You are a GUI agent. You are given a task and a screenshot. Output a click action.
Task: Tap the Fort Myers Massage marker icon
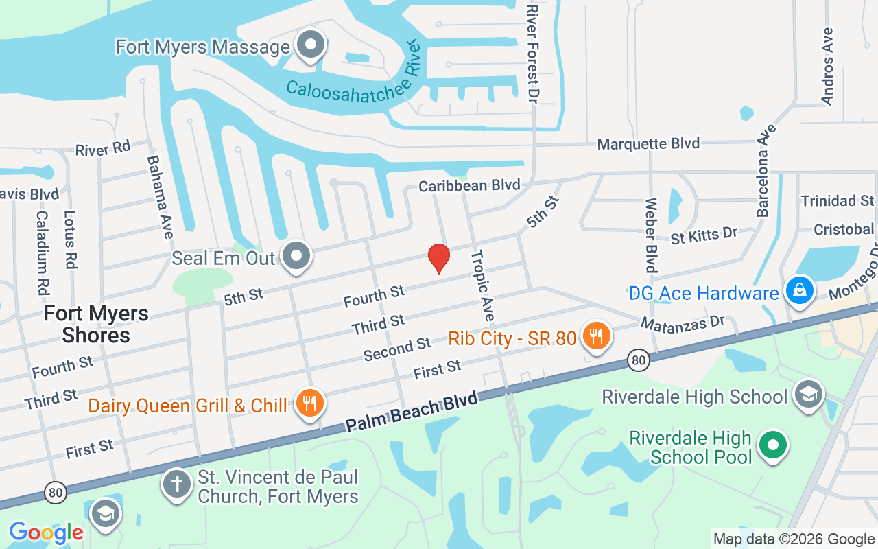pyautogui.click(x=311, y=45)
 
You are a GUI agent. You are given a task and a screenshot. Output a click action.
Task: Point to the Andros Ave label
pyautogui.click(x=827, y=66)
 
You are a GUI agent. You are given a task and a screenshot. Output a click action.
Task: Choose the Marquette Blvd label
pyautogui.click(x=648, y=143)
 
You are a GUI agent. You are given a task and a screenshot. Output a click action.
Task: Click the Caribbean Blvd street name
pyautogui.click(x=469, y=185)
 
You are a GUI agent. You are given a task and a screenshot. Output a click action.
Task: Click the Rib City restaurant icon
pyautogui.click(x=595, y=336)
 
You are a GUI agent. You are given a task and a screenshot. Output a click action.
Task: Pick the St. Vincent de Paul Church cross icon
pyautogui.click(x=176, y=484)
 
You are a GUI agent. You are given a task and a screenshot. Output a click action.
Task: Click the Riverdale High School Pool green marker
pyautogui.click(x=773, y=445)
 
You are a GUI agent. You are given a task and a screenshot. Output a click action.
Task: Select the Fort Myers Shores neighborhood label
pyautogui.click(x=96, y=324)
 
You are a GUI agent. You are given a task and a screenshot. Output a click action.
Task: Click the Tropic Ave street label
pyautogui.click(x=482, y=285)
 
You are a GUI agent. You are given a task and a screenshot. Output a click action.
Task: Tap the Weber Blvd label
pyautogui.click(x=650, y=235)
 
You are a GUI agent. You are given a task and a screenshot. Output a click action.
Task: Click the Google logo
pyautogui.click(x=46, y=533)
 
